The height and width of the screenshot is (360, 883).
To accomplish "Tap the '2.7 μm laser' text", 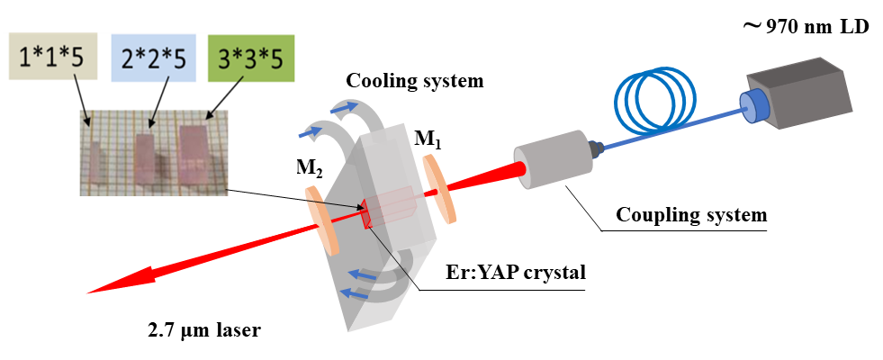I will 204,330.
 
